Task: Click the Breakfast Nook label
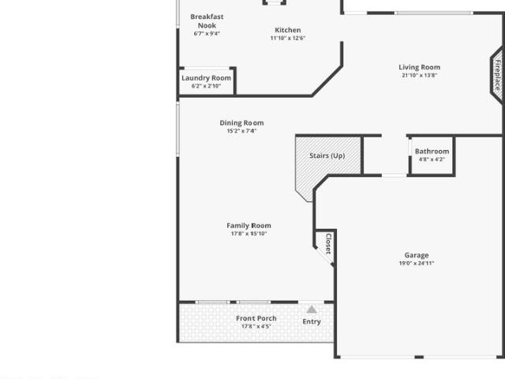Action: point(207,21)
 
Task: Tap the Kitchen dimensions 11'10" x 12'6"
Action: point(287,38)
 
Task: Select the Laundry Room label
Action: point(206,78)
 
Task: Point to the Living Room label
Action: point(419,67)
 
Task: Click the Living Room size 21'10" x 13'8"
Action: point(419,76)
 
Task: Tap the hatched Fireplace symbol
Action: point(497,76)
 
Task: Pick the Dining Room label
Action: point(241,123)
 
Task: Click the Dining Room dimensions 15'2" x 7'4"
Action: point(241,131)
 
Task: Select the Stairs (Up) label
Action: point(327,156)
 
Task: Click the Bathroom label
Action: point(432,151)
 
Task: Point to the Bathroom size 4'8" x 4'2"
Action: point(432,159)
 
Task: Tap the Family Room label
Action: point(249,226)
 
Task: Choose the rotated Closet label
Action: point(328,244)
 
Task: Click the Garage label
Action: point(417,255)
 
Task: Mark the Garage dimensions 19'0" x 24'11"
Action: point(417,263)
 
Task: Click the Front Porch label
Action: point(256,318)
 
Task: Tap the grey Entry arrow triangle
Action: point(312,310)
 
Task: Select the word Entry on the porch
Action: point(312,321)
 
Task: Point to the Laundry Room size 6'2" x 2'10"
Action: point(206,86)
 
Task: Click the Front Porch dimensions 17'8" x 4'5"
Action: point(256,326)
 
